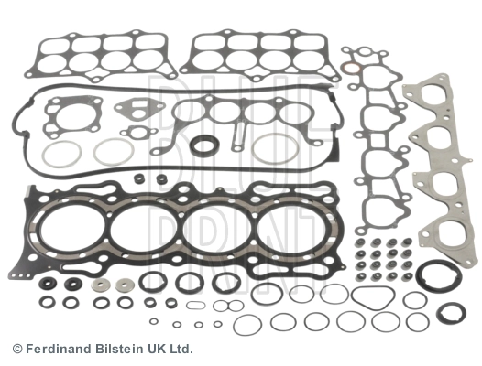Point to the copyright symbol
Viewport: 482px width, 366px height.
[x=17, y=350]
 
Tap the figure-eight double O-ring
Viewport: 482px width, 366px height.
[x=228, y=306]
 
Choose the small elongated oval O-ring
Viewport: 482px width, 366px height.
[x=195, y=306]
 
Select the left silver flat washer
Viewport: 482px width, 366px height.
[x=101, y=285]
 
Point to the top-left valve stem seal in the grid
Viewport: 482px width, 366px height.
[x=359, y=243]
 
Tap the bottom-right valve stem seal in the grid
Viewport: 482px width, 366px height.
[x=408, y=276]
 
